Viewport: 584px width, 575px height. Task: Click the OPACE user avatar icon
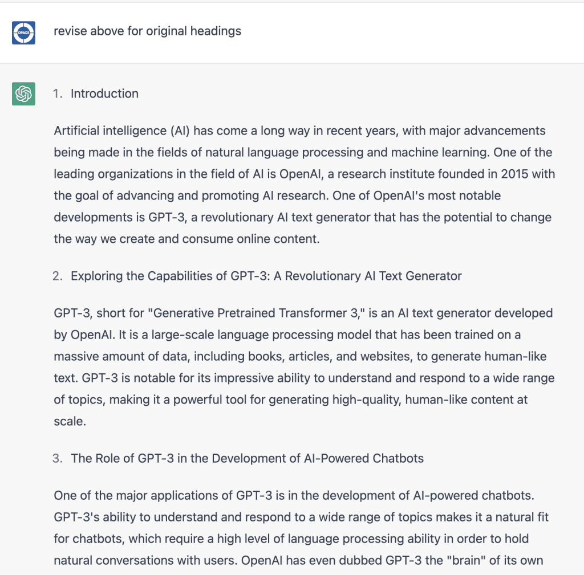click(23, 32)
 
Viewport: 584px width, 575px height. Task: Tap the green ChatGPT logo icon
click(23, 93)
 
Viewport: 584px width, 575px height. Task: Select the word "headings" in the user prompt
click(217, 31)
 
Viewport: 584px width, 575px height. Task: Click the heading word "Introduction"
click(104, 93)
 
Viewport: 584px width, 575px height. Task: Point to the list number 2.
click(56, 276)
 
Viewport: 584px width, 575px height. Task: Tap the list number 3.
click(56, 458)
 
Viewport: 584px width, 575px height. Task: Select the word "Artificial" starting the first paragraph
click(77, 131)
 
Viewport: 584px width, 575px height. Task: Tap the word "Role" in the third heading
click(107, 458)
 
